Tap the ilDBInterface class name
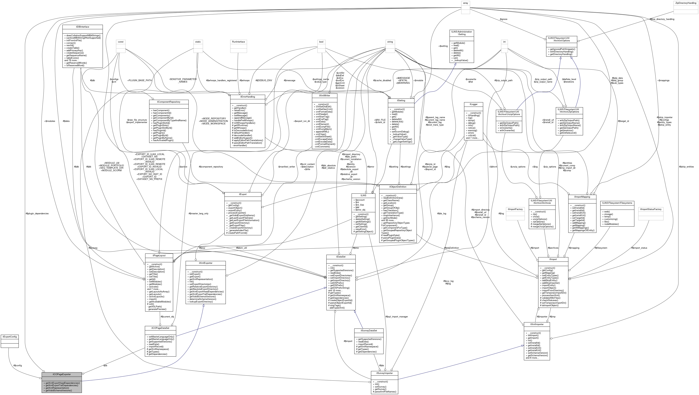coord(82,27)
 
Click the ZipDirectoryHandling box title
coord(685,3)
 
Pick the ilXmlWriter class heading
coord(325,95)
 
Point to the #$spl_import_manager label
coord(396,317)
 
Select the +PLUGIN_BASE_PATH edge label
coord(139,80)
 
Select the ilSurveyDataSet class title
coord(368,330)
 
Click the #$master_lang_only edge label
coord(198,214)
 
